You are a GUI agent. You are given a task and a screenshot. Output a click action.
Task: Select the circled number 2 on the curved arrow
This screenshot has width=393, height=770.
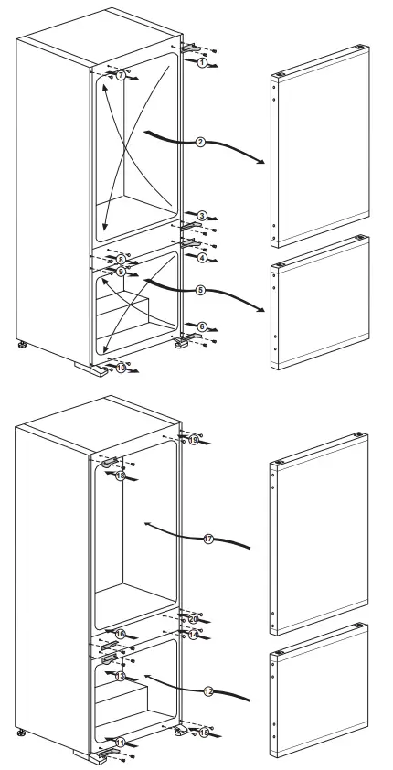(x=199, y=142)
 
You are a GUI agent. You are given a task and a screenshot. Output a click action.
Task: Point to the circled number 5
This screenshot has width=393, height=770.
(x=199, y=290)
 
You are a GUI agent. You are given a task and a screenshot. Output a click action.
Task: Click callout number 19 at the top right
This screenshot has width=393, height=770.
(x=194, y=440)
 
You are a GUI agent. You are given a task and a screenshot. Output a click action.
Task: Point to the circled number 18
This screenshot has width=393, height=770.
(x=120, y=476)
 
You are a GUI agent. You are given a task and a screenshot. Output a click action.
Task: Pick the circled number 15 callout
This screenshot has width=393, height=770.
(x=204, y=732)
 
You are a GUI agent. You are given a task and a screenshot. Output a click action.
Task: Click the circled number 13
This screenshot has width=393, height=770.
(x=120, y=676)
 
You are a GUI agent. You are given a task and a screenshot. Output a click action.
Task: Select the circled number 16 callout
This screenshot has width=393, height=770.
(x=120, y=634)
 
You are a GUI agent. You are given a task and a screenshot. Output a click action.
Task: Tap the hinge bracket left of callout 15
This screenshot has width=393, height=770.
(x=182, y=730)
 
